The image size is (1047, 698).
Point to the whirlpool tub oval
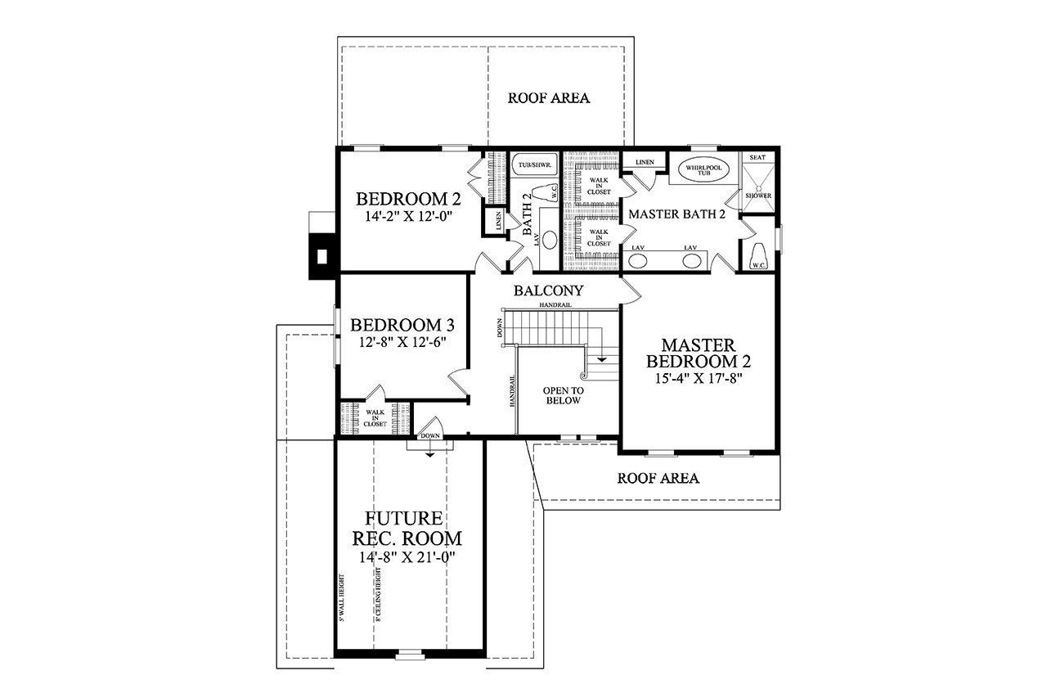click(699, 170)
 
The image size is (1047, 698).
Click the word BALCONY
click(548, 290)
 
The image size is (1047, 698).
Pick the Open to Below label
click(563, 395)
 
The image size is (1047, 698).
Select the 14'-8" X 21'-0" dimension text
click(407, 557)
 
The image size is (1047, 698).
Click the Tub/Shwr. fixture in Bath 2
click(533, 165)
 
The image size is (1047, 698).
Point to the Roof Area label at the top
click(549, 98)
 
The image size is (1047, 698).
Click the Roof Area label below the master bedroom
click(658, 479)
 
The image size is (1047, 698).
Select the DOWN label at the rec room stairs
click(430, 437)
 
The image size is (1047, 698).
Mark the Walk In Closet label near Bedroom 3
click(375, 418)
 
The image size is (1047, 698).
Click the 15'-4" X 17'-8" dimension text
click(698, 379)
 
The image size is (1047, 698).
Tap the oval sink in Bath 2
click(550, 241)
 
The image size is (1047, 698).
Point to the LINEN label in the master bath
click(644, 162)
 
